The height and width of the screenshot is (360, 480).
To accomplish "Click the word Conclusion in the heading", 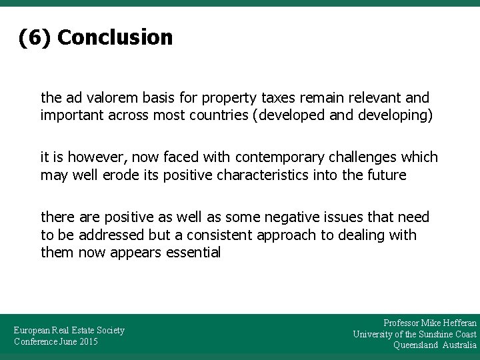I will [x=115, y=37].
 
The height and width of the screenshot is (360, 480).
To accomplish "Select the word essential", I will [x=193, y=253].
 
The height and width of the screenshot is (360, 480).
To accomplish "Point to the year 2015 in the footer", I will [x=87, y=342].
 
